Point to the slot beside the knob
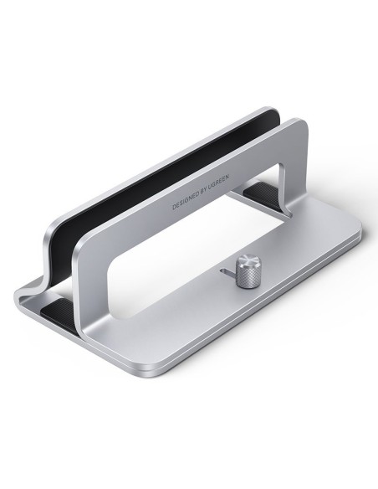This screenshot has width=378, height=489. tap(228, 272)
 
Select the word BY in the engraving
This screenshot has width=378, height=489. tap(202, 193)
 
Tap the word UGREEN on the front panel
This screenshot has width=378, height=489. tap(218, 183)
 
